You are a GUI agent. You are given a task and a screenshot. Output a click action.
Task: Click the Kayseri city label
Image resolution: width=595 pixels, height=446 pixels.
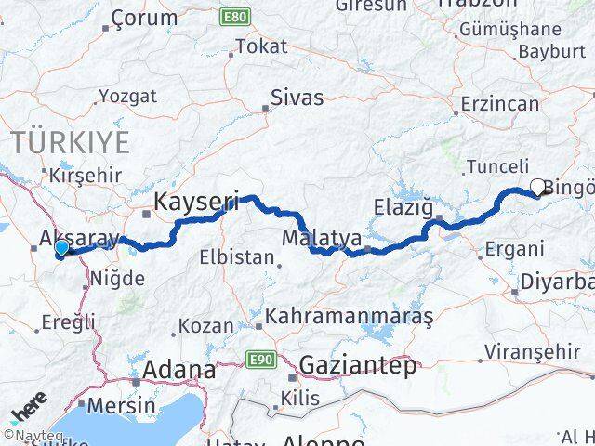coord(196,200)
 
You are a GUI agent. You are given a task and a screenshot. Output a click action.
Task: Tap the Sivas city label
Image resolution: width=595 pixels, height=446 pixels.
coord(297,97)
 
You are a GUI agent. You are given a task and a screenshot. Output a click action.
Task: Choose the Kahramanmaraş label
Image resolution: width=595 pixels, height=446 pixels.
coord(350,317)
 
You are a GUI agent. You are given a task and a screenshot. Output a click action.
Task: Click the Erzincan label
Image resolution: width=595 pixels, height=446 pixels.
coord(500,103)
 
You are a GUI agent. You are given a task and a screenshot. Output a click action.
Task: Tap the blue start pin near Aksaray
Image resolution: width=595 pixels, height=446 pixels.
coord(61,248)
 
